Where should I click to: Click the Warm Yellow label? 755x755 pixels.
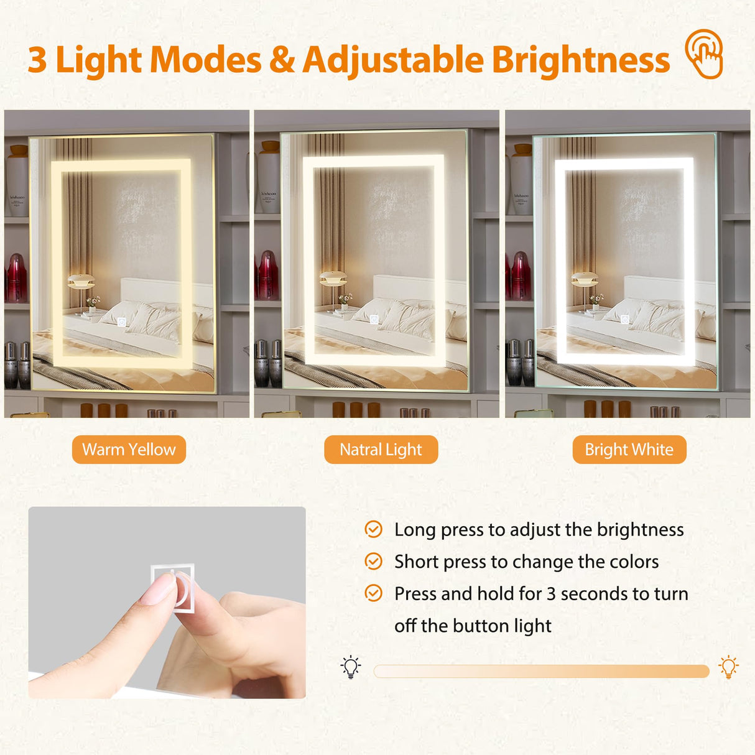point(129,450)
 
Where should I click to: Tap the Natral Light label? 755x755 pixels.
point(381,450)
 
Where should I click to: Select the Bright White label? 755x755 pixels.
point(629,450)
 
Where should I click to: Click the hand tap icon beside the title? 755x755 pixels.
point(705,54)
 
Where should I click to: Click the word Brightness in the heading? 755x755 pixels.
point(580,60)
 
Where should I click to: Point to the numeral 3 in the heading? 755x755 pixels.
point(37,60)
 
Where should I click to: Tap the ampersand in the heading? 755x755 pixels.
point(282,60)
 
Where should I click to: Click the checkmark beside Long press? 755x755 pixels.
point(373,529)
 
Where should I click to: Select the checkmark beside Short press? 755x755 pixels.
point(373,562)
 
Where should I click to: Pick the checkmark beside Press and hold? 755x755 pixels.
point(373,593)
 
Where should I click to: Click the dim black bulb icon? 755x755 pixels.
point(351,667)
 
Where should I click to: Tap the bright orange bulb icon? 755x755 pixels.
point(728,667)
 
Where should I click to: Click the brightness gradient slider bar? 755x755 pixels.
point(541,671)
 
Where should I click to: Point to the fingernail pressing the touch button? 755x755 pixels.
point(159,588)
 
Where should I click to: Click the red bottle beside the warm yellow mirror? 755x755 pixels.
point(16,277)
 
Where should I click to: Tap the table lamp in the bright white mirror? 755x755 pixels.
point(584,283)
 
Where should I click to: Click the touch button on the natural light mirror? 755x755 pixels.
point(374,319)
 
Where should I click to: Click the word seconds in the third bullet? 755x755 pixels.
point(590,594)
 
